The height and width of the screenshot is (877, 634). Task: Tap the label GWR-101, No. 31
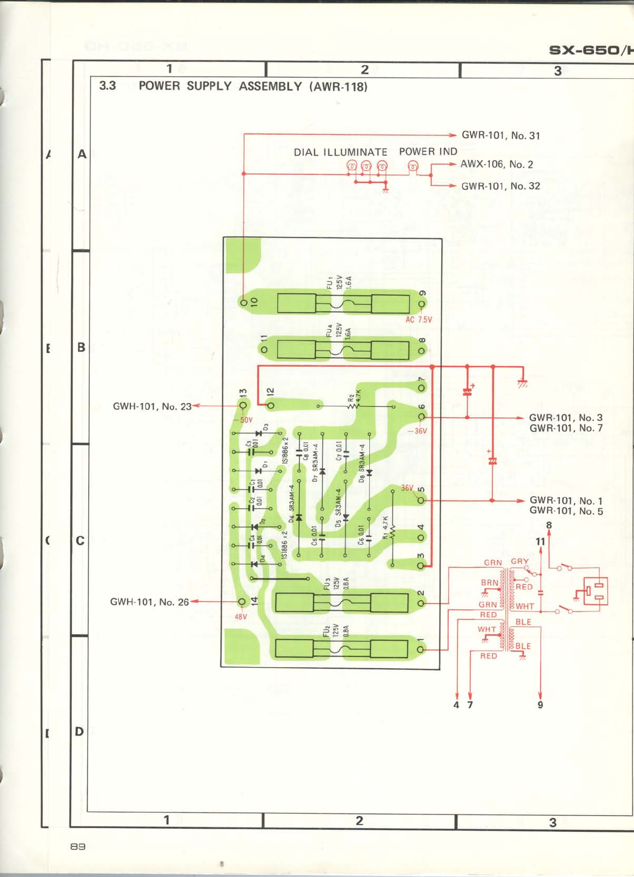click(x=500, y=135)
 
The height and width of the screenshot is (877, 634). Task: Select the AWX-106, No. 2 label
click(x=496, y=164)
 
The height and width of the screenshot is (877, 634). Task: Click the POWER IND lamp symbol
click(x=414, y=166)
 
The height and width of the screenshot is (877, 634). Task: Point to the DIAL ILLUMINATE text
click(x=340, y=152)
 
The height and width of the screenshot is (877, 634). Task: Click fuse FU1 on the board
click(x=344, y=303)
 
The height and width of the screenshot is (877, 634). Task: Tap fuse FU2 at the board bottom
click(x=341, y=649)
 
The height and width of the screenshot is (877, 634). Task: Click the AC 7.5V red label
click(x=419, y=320)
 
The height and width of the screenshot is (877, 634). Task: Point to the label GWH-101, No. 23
click(x=152, y=406)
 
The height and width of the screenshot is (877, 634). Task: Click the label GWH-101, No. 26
click(x=149, y=602)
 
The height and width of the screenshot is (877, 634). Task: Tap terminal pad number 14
click(x=242, y=602)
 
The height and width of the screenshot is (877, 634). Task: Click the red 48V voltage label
click(x=241, y=617)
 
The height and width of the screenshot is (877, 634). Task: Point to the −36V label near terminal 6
click(x=418, y=431)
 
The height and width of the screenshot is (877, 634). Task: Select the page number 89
click(x=78, y=846)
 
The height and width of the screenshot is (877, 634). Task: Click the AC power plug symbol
click(x=593, y=591)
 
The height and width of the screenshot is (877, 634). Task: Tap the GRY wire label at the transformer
click(x=519, y=561)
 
